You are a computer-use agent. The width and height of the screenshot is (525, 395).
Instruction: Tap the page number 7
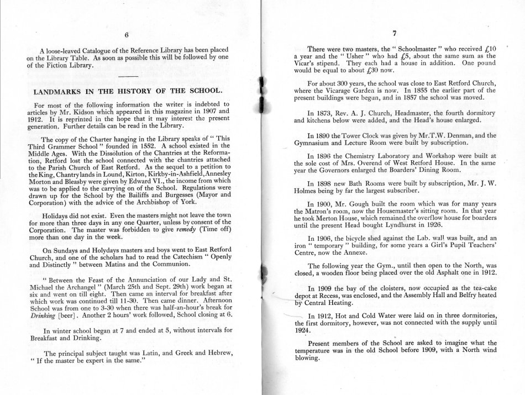[395, 33]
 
